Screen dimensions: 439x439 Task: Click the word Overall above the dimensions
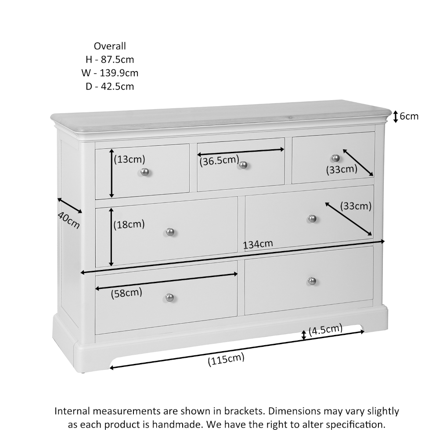pyautogui.click(x=110, y=46)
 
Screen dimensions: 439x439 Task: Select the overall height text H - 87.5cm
pyautogui.click(x=110, y=60)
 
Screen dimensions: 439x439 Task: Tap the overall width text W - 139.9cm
pyautogui.click(x=110, y=73)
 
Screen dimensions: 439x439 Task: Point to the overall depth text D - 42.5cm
pyautogui.click(x=110, y=86)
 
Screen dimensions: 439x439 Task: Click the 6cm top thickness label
pyautogui.click(x=409, y=116)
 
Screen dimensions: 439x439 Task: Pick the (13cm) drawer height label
pyautogui.click(x=130, y=159)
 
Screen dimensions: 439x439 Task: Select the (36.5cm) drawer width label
pyautogui.click(x=219, y=161)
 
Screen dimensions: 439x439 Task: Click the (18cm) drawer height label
pyautogui.click(x=129, y=225)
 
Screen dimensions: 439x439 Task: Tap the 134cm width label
pyautogui.click(x=258, y=244)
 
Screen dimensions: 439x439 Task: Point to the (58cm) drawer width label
pyautogui.click(x=126, y=293)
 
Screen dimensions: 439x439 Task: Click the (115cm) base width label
pyautogui.click(x=226, y=360)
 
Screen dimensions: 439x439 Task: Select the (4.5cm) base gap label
pyautogui.click(x=325, y=330)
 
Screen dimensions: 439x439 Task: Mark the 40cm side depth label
pyautogui.click(x=68, y=221)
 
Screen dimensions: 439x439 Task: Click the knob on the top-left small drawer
pyautogui.click(x=145, y=172)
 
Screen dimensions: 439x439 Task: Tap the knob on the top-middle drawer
pyautogui.click(x=243, y=165)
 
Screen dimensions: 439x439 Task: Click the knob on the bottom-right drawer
pyautogui.click(x=312, y=281)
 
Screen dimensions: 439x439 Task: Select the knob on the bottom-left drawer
pyautogui.click(x=170, y=298)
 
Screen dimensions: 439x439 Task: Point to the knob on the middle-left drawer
pyautogui.click(x=170, y=232)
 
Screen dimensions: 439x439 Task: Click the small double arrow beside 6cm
pyautogui.click(x=395, y=116)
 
